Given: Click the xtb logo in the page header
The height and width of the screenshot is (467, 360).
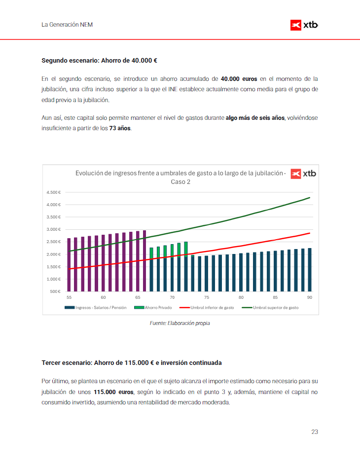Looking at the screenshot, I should point(304,25).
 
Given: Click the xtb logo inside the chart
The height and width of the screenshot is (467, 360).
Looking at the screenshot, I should point(303,174).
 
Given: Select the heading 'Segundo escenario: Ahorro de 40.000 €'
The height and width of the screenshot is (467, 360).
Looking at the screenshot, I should point(99,61).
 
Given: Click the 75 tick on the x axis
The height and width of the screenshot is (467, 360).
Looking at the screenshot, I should point(207,297).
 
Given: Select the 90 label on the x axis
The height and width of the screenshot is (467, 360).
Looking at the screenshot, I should point(309,297).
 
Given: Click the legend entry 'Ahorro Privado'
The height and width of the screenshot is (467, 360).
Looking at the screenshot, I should point(158,307).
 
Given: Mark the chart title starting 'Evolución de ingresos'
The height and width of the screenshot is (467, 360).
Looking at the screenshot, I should point(180,177).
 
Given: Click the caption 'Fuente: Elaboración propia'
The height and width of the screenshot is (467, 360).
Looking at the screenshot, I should point(180,323).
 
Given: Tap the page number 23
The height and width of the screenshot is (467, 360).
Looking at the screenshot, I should point(315,432).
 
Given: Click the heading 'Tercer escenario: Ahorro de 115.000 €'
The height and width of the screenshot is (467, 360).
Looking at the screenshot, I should point(132,362).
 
